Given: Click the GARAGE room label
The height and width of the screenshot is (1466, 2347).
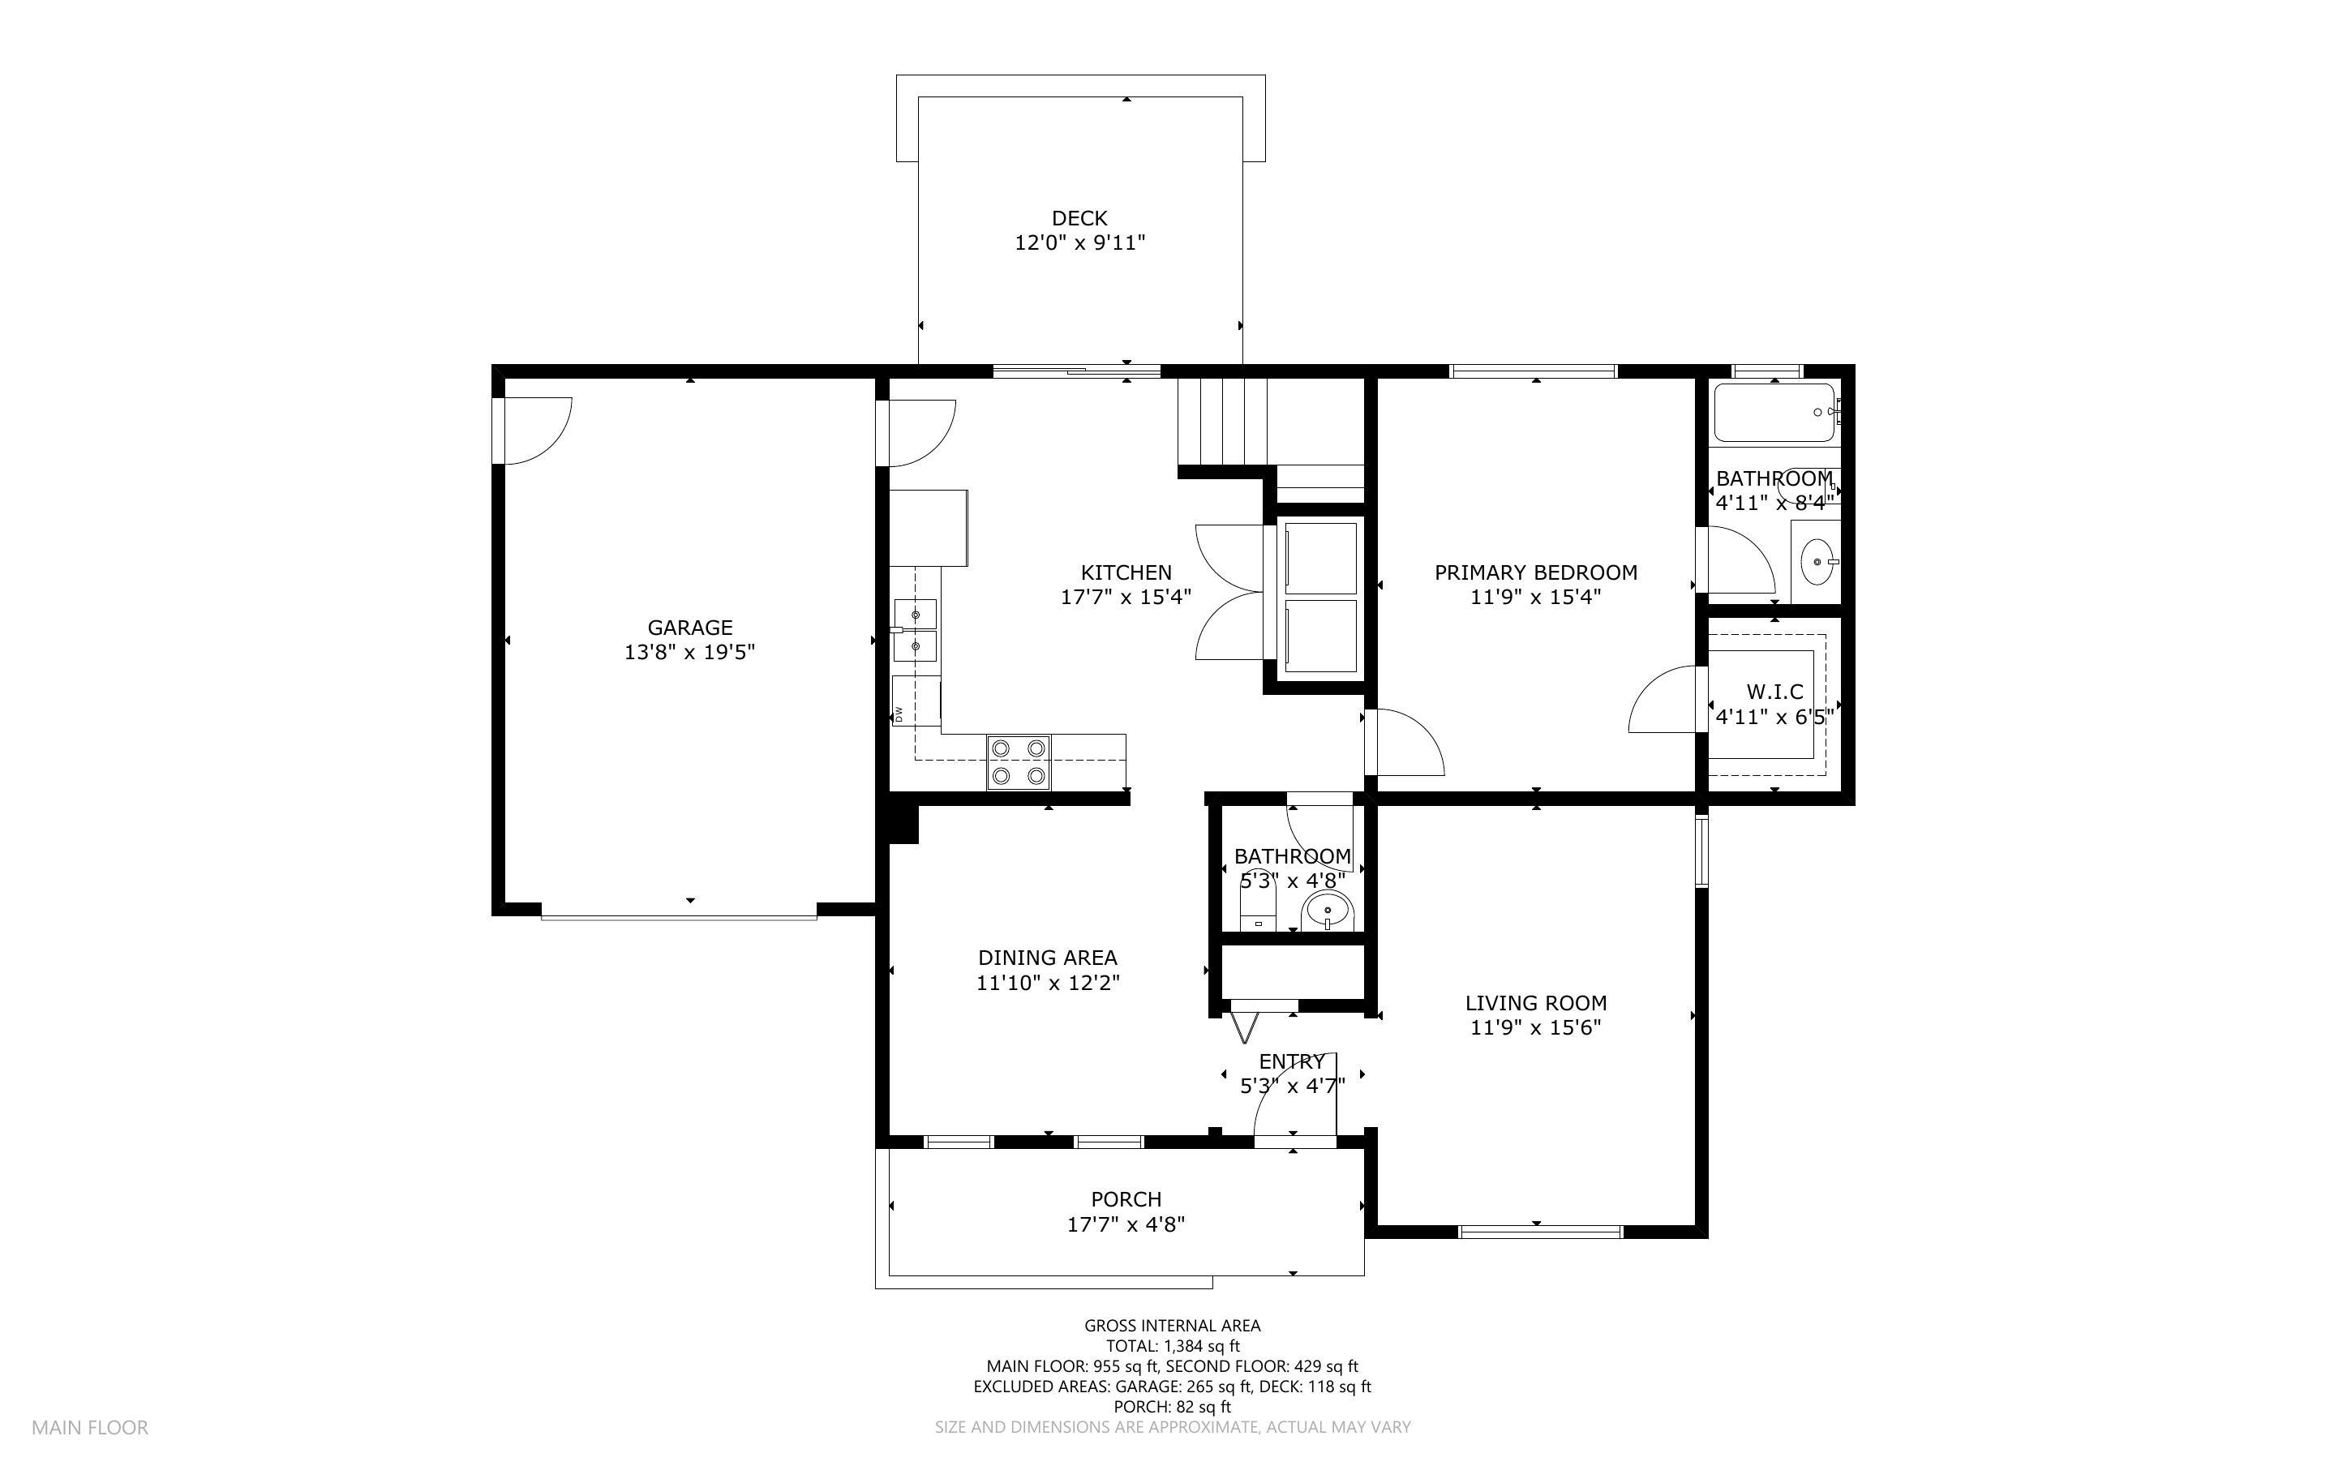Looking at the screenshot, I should click(x=689, y=628).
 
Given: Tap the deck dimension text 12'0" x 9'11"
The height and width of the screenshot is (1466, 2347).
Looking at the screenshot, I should click(x=1079, y=242).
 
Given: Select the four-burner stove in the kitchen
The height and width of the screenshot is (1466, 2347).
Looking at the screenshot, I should click(x=1019, y=762).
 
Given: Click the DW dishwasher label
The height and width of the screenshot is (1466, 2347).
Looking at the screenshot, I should click(x=899, y=714).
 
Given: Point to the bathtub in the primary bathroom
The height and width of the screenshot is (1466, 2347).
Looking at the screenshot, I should click(x=1773, y=412).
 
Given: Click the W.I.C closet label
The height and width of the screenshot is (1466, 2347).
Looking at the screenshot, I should click(x=1774, y=692).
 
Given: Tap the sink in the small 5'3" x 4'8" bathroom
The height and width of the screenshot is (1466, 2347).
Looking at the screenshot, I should click(x=1327, y=911).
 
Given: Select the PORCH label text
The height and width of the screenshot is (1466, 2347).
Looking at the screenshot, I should click(x=1126, y=1199).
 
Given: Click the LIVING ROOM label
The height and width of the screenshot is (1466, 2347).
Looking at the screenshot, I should click(x=1534, y=1004).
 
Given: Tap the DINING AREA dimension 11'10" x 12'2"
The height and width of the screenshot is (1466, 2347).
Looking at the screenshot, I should click(x=1047, y=982).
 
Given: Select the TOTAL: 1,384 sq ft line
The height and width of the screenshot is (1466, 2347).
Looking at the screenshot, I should click(x=1172, y=1346).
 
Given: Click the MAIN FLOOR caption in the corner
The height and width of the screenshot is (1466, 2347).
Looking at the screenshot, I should click(x=90, y=1427).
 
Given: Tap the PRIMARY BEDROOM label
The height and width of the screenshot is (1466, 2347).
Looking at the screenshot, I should click(x=1534, y=572).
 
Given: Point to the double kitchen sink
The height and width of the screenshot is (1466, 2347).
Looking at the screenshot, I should click(x=915, y=630).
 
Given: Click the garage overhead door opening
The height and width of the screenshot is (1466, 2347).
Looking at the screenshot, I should click(x=679, y=912).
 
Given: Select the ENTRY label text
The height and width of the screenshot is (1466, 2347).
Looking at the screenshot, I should click(x=1291, y=1061).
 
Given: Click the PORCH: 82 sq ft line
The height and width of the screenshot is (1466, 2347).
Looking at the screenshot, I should click(x=1172, y=1407).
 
